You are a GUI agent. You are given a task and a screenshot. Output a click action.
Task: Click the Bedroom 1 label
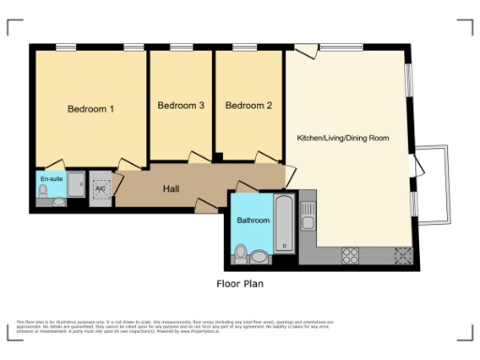(91, 109)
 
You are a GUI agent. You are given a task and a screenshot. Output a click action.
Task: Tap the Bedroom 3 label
(181, 106)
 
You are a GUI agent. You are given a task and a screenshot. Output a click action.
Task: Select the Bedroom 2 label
(248, 106)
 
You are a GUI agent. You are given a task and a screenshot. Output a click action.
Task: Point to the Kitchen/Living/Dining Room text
(342, 138)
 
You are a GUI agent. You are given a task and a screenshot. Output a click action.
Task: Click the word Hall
(171, 189)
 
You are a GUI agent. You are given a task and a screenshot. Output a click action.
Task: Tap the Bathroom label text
(253, 220)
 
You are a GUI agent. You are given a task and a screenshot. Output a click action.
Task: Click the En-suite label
(51, 177)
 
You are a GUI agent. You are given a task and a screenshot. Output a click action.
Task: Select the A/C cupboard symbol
(101, 187)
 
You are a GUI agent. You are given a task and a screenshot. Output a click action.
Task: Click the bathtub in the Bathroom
(285, 225)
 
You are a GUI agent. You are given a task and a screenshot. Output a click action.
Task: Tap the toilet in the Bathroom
(242, 253)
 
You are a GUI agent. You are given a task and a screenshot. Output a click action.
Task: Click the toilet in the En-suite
(44, 192)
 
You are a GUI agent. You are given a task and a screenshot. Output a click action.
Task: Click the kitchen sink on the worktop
(307, 222)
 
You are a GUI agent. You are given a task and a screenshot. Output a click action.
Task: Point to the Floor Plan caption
(240, 281)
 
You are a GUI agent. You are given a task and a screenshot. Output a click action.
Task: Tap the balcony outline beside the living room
(433, 185)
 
